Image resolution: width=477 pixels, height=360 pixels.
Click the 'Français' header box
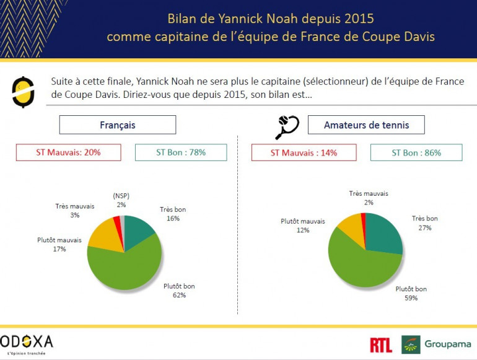click(x=117, y=125)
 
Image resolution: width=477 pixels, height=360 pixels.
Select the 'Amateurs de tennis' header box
click(x=366, y=125)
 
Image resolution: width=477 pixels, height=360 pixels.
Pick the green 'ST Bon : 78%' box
click(x=181, y=152)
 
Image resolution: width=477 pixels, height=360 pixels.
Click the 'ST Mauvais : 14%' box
click(x=304, y=152)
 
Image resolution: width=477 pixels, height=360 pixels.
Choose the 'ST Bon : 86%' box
click(x=416, y=152)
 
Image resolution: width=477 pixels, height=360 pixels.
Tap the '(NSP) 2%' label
click(x=120, y=200)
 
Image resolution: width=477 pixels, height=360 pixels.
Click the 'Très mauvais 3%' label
click(x=73, y=210)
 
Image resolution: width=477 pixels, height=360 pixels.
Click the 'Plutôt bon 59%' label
click(x=411, y=293)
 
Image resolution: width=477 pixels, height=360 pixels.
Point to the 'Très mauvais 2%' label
click(x=368, y=198)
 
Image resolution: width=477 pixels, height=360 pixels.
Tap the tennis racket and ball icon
click(x=287, y=126)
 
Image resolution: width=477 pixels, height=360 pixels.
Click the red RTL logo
click(x=380, y=345)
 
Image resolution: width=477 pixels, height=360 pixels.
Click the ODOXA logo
click(x=28, y=343)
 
